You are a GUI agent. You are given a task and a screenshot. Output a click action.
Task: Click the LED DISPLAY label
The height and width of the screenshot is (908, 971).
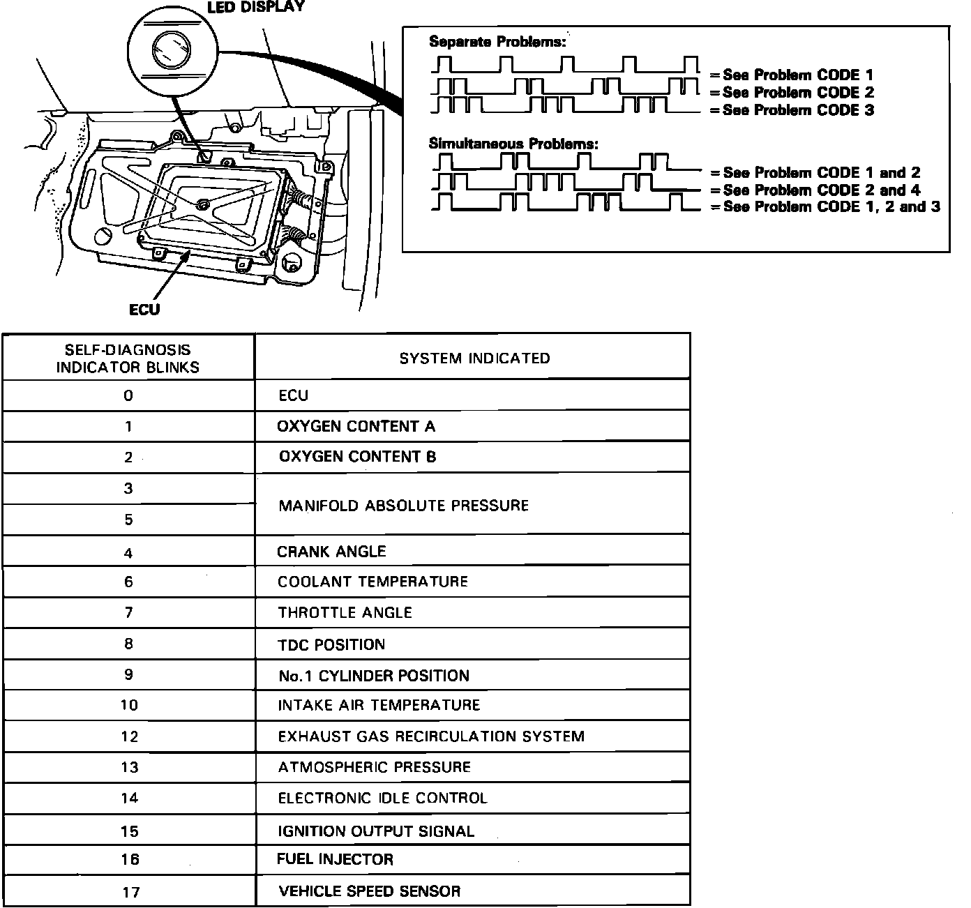tap(256, 6)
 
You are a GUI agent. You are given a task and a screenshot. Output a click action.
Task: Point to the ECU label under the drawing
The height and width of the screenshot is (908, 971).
tap(144, 309)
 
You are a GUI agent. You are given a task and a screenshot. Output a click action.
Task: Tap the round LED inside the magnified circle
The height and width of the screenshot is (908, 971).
tap(170, 50)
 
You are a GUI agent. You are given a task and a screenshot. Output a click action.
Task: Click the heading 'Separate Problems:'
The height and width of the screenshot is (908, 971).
tap(497, 42)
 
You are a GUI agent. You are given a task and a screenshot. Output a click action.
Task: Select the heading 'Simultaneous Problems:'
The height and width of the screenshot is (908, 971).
tap(513, 144)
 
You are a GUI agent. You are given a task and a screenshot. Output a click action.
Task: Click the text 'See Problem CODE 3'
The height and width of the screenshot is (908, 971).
tap(798, 110)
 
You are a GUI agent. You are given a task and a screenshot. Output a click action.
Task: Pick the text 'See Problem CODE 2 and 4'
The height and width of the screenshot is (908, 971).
tap(822, 190)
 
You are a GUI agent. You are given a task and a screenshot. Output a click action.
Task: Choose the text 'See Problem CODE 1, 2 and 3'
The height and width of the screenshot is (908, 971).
tap(831, 206)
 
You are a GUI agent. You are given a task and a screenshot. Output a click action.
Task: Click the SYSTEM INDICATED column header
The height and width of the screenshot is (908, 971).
tap(474, 358)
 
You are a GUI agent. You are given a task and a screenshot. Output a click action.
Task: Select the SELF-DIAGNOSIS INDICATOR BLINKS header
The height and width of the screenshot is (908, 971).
tap(128, 358)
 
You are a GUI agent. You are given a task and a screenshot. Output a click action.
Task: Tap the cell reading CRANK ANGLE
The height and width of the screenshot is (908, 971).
tap(331, 552)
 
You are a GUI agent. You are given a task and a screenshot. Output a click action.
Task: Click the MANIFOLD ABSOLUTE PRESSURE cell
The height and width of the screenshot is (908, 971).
tap(403, 506)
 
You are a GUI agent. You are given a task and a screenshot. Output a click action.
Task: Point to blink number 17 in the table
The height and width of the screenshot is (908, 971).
tap(130, 891)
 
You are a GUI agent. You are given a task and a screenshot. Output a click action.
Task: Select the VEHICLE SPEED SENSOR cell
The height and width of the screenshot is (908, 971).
tap(369, 891)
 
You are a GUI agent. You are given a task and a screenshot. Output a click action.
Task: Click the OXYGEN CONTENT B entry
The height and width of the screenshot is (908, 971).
tap(357, 457)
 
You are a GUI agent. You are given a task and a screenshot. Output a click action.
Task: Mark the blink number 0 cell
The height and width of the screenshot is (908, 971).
tap(128, 395)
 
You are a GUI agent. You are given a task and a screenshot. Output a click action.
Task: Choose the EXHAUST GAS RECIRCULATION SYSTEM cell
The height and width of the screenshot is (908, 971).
tap(431, 736)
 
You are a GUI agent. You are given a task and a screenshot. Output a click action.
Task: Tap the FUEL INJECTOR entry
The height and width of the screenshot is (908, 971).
tap(335, 859)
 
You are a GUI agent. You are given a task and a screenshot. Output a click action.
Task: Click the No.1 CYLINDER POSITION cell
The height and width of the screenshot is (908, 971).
tap(373, 675)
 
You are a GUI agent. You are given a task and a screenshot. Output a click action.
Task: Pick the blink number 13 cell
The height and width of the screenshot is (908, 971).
tap(130, 767)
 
